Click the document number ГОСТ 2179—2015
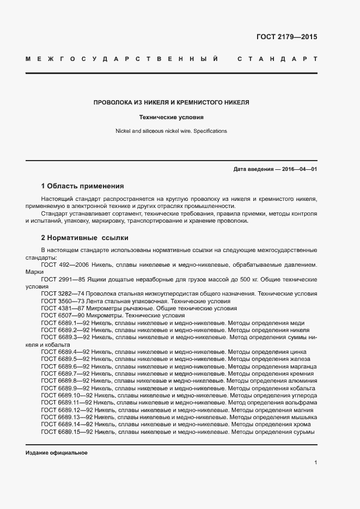[286, 37]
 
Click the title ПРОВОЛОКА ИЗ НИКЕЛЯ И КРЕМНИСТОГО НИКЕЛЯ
[172, 102]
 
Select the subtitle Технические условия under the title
[172, 117]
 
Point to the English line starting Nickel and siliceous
[172, 131]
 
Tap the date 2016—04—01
[298, 169]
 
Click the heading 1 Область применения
[82, 186]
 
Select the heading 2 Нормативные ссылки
[84, 238]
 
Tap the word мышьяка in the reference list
[303, 417]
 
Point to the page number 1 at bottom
[315, 463]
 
